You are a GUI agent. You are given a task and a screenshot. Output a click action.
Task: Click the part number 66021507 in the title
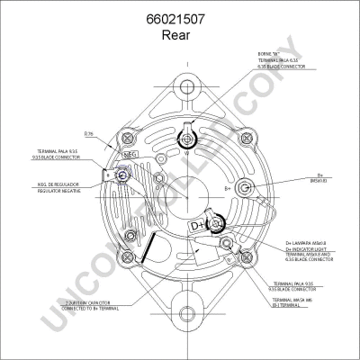click(179, 18)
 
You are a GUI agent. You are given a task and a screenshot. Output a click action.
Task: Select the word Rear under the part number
click(179, 35)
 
